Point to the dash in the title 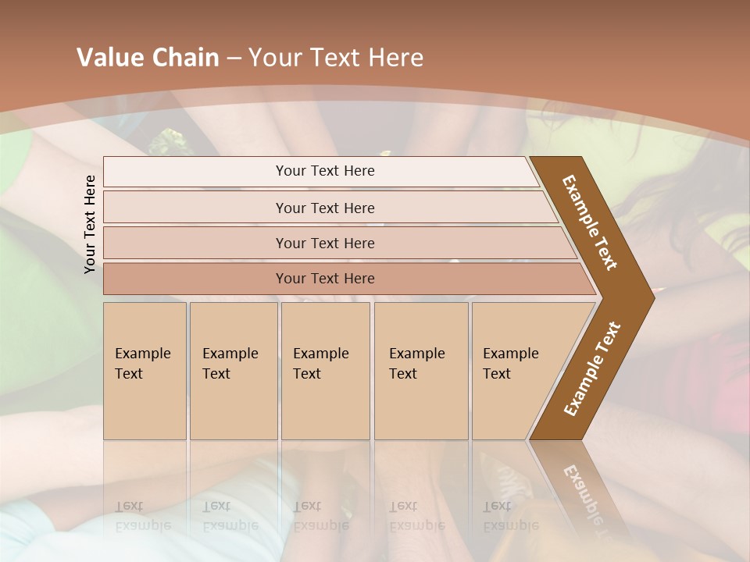234,59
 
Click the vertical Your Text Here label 90,224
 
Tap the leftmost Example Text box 145,371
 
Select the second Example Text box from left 234,371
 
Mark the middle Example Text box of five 325,371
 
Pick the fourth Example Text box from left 421,371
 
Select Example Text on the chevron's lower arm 591,369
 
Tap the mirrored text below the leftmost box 142,516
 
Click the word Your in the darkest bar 291,279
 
